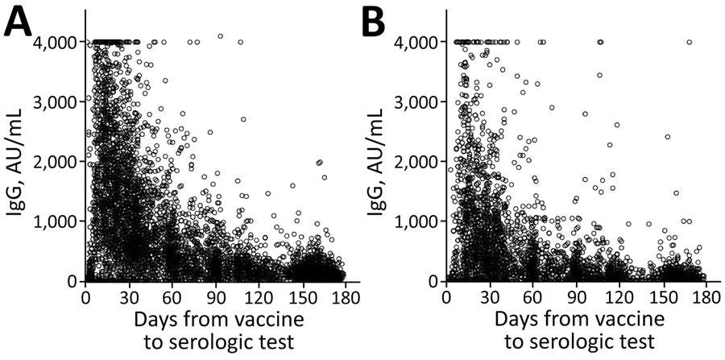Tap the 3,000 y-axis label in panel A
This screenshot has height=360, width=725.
55,101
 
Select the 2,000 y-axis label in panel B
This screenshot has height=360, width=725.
416,161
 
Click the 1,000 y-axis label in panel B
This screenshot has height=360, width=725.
416,221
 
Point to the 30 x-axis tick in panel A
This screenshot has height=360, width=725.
130,296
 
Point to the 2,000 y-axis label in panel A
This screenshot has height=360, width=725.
55,161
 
